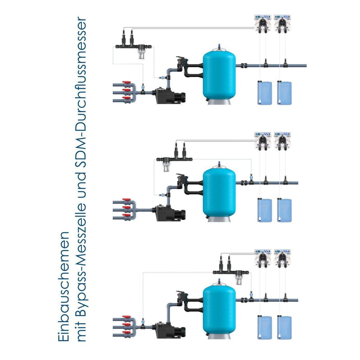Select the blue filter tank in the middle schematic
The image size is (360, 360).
219,191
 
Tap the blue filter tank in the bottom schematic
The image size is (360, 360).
219,308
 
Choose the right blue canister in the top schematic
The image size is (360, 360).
284,93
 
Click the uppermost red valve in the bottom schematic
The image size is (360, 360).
126,318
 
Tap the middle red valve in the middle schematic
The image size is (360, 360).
126,208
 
